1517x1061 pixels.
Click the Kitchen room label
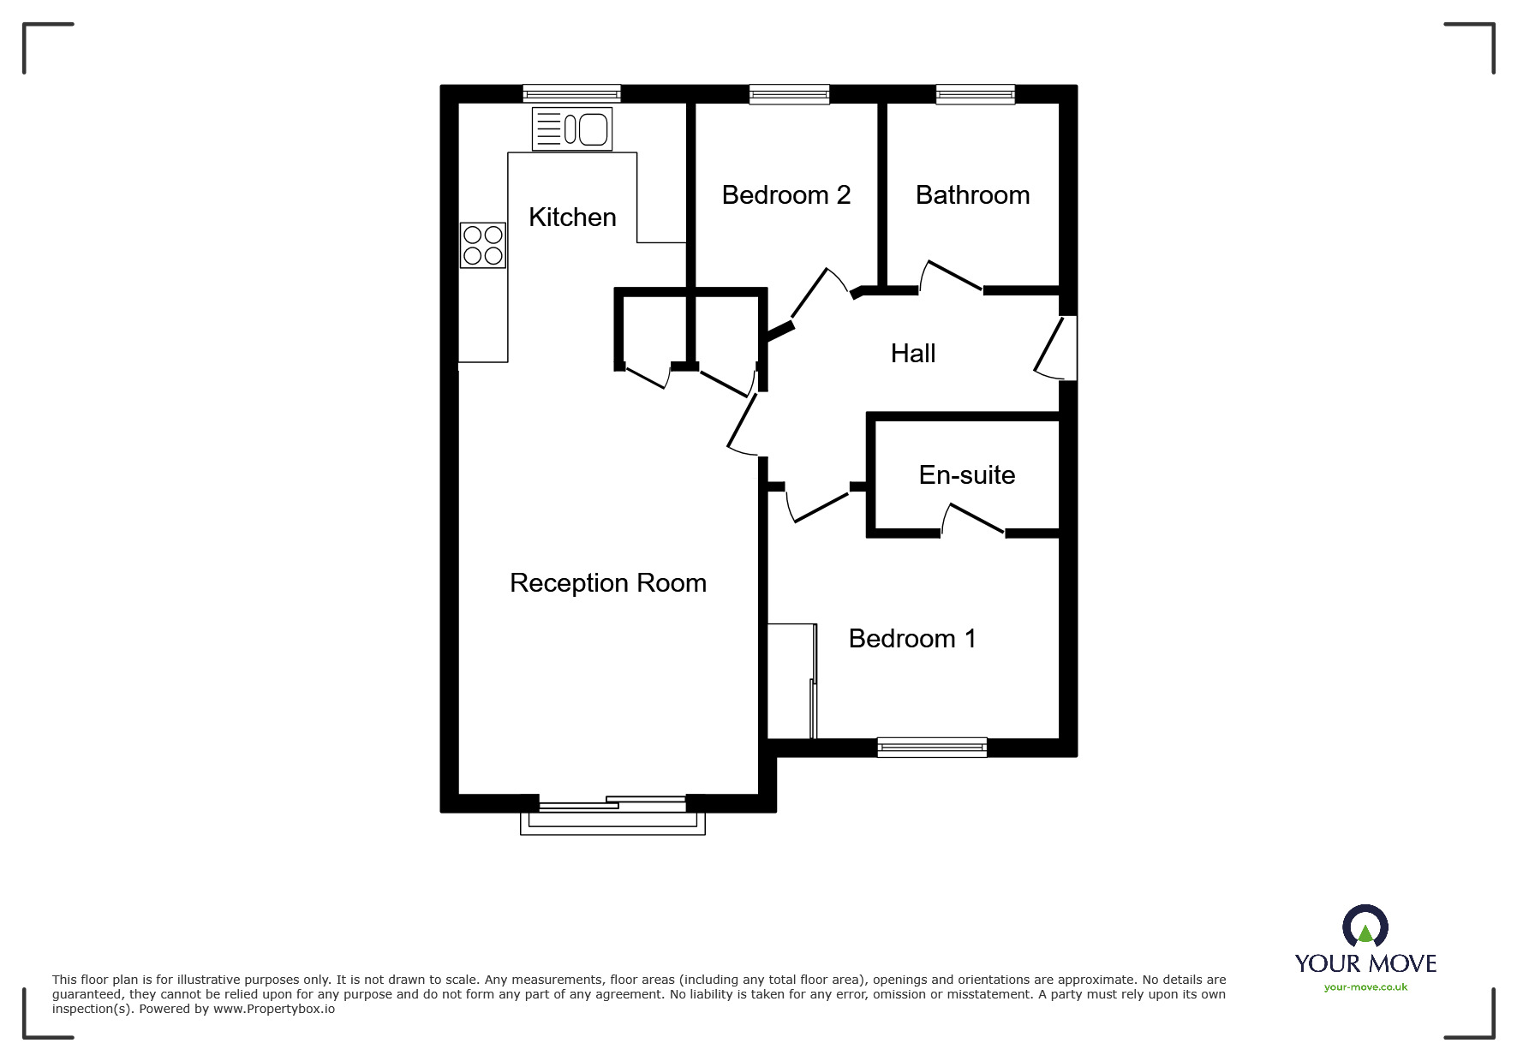572,218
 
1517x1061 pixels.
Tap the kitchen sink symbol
571,129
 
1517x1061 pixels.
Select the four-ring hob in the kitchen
482,245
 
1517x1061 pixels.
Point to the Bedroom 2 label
785,195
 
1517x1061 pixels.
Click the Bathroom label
972,195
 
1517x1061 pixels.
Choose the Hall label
912,354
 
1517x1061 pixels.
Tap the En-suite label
966,475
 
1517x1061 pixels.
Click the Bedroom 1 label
911,639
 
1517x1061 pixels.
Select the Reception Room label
607,583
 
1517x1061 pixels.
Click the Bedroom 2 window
789,94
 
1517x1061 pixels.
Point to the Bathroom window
975,94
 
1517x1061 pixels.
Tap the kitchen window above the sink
571,94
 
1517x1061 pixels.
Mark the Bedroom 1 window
932,748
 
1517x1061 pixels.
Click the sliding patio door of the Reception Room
612,805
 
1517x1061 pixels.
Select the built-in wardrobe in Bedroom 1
791,681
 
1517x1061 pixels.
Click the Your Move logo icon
1365,927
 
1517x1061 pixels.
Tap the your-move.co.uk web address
1365,987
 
